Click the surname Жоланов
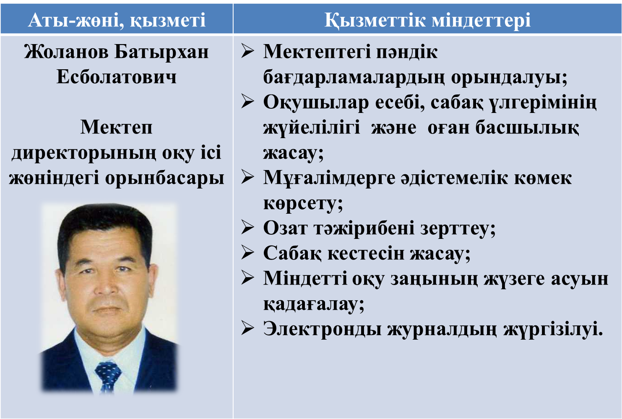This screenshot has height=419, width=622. tap(66, 52)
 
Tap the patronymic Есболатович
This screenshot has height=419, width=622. tap(116, 77)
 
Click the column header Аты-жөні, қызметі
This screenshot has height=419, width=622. tap(117, 20)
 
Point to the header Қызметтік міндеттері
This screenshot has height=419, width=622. tap(427, 20)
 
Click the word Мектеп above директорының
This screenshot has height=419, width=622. tap(116, 127)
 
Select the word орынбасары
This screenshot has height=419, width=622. tap(165, 178)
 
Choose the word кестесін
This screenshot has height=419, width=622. tap(366, 253)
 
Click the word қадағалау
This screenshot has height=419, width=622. tap(314, 304)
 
